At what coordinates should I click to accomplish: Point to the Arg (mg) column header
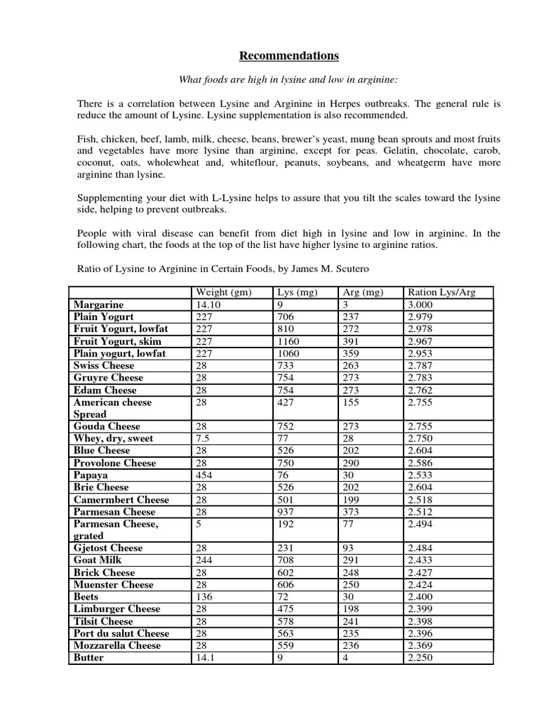point(363,292)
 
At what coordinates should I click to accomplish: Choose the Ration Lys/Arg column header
point(441,292)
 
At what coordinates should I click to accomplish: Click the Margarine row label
point(98,305)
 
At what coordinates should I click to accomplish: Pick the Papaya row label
point(91,475)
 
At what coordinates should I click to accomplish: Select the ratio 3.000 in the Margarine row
point(420,305)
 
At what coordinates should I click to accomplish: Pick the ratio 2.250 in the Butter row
point(420,658)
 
